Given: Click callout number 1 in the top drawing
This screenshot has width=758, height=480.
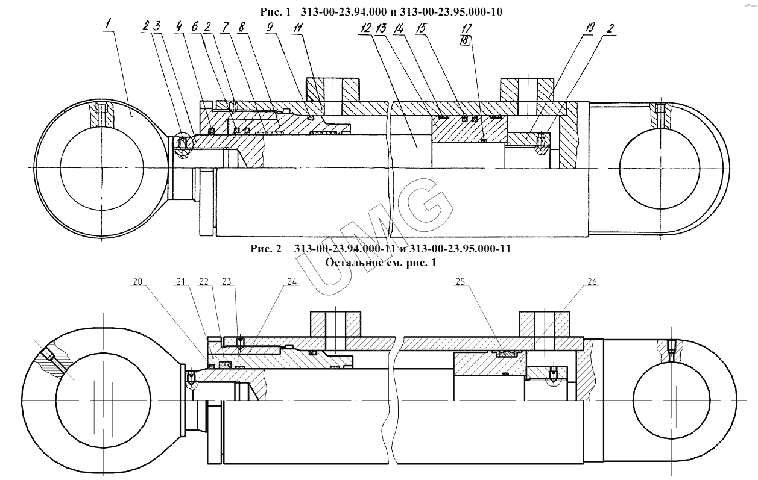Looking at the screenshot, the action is click(109, 25).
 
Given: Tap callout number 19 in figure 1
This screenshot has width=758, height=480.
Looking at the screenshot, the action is click(589, 28).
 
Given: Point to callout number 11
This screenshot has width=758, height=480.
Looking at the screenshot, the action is click(298, 27).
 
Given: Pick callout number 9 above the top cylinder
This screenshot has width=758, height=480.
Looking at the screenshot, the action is click(270, 27).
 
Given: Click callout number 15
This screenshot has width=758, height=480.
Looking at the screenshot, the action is click(421, 28).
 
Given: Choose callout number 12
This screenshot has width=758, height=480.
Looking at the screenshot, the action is click(365, 28).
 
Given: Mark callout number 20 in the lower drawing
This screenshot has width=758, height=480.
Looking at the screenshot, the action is click(137, 282).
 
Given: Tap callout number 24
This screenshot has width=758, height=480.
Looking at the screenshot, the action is click(292, 282).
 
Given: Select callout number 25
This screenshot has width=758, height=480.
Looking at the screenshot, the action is click(460, 282).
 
